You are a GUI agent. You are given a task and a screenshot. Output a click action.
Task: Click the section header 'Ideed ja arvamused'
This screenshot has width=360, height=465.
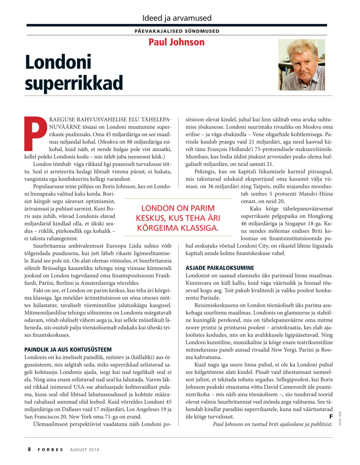tap(177, 18)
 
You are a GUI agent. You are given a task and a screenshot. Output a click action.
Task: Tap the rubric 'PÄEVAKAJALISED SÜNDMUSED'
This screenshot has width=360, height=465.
tap(177, 31)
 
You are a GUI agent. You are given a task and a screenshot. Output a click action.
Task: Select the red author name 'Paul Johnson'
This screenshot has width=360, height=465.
tap(176, 42)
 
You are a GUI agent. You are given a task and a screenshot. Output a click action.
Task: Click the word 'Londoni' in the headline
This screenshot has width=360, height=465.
tap(58, 62)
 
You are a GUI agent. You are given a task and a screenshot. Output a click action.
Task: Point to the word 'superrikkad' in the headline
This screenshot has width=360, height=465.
tap(74, 83)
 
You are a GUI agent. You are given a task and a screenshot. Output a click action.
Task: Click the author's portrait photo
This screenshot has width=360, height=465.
tap(301, 65)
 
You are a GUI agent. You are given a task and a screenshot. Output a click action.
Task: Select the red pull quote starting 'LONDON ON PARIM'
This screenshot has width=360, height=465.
tap(178, 218)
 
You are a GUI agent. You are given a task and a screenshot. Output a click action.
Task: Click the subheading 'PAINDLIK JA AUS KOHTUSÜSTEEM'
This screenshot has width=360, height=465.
tap(68, 349)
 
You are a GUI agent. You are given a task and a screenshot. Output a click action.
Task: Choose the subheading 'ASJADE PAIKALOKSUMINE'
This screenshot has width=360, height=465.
tap(220, 268)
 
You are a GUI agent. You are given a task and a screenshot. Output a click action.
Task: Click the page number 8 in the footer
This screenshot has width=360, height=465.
tap(29, 449)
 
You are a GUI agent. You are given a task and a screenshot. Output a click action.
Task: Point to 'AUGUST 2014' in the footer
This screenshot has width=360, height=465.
tap(84, 449)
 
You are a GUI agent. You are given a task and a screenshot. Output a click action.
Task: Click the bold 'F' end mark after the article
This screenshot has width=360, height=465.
tap(331, 416)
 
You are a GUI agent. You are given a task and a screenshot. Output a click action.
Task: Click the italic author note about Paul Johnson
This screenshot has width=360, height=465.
tap(272, 424)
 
